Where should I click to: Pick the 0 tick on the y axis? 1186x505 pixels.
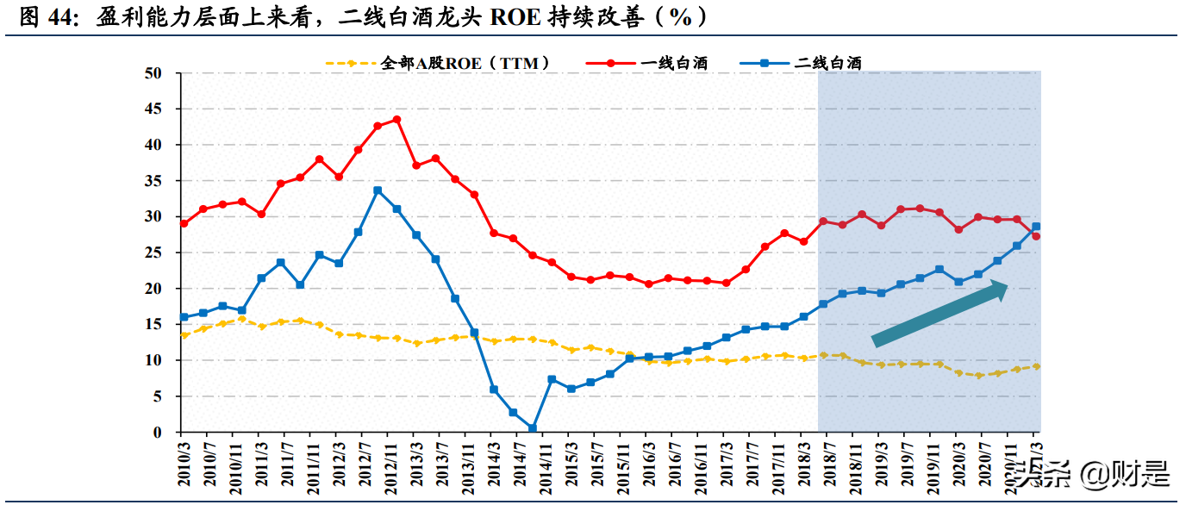pyautogui.click(x=157, y=433)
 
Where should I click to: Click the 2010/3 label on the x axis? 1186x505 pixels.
pyautogui.click(x=184, y=465)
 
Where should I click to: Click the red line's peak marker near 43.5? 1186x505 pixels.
pyautogui.click(x=396, y=120)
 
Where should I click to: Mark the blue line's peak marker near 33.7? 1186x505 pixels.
pyautogui.click(x=378, y=190)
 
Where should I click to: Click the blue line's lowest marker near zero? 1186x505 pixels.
pyautogui.click(x=533, y=428)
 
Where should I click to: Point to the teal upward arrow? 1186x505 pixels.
pyautogui.click(x=939, y=314)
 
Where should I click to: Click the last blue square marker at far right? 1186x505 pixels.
pyautogui.click(x=1036, y=227)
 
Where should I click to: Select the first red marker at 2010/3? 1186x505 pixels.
pyautogui.click(x=184, y=223)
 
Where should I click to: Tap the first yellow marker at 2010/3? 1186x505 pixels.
pyautogui.click(x=184, y=335)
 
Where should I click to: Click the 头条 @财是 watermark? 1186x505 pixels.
pyautogui.click(x=1090, y=472)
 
